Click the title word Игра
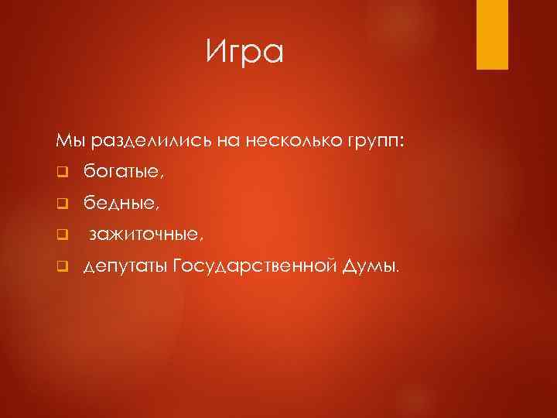(x=245, y=53)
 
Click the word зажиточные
(x=140, y=235)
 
